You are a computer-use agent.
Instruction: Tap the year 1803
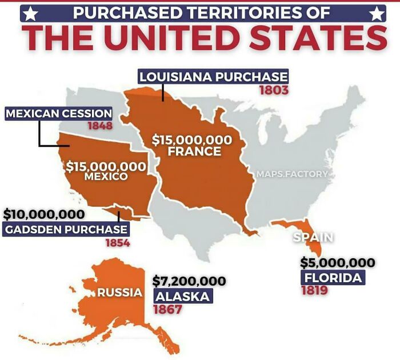coord(273,90)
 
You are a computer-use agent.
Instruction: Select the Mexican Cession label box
coord(59,113)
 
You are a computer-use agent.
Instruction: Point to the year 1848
coord(99,126)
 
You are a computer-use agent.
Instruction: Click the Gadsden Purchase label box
coord(65,230)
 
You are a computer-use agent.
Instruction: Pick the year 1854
coord(118,243)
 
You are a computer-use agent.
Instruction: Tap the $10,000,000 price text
coord(45,215)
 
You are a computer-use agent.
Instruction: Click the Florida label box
coord(333,278)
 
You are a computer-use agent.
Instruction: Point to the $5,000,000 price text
coord(338,263)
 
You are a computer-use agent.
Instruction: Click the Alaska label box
coord(182,297)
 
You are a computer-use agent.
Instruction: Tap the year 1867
coord(167,310)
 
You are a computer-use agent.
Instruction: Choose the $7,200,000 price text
coord(189,281)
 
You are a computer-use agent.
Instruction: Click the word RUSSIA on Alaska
coord(119,293)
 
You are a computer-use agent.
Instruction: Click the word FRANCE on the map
coord(194,152)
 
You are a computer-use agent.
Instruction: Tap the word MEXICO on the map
coord(106,177)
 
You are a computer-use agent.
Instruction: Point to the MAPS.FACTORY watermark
coord(292,174)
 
